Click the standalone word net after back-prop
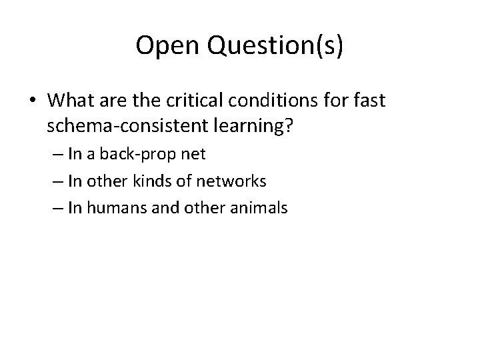[193, 155]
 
